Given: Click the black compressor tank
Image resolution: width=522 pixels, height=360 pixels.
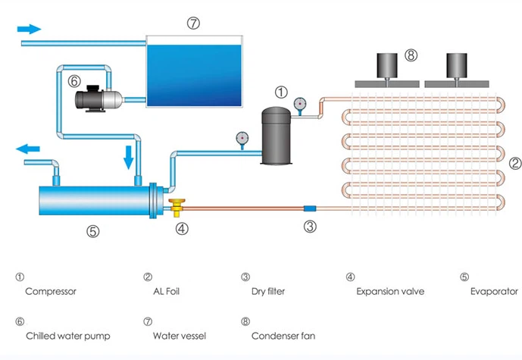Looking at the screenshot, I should point(274,136).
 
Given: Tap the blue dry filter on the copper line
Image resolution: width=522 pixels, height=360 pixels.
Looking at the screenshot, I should point(309,208).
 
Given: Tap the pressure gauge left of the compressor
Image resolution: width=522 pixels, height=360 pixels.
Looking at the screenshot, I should point(242,138).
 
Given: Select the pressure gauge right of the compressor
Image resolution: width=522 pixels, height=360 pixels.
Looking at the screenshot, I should point(302,104).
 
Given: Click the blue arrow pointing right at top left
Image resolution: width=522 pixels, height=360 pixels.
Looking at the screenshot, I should point(29,28).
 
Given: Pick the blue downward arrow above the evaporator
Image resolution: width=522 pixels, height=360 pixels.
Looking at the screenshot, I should point(129,157).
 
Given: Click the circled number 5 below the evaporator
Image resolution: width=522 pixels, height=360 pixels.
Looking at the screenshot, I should point(92,232).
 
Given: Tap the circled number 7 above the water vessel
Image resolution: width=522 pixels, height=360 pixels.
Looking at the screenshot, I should point(193,23).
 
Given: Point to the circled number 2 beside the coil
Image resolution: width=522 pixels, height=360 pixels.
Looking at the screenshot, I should point(514,162).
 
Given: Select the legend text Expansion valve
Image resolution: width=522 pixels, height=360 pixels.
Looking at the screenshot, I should point(389,290).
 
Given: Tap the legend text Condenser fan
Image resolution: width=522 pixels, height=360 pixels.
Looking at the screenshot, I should point(283,335).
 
